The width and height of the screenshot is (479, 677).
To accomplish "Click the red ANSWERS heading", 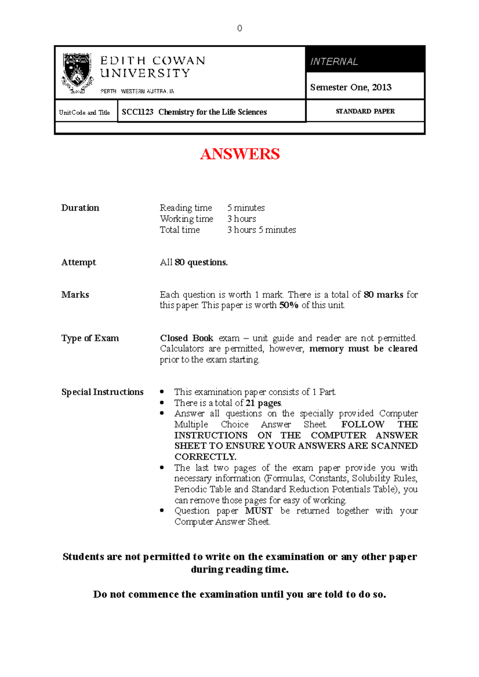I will pyautogui.click(x=240, y=154).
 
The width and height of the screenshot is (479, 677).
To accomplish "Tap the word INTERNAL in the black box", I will pyautogui.click(x=334, y=62).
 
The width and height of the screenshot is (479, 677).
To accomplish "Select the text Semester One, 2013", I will pyautogui.click(x=350, y=87).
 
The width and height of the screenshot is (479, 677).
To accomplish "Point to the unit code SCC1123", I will pyautogui.click(x=138, y=112).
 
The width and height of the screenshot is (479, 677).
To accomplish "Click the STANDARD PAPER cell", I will pyautogui.click(x=365, y=111).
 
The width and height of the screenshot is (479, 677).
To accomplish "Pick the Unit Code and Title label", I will pyautogui.click(x=84, y=112).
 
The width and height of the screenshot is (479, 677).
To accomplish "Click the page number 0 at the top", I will pyautogui.click(x=239, y=28).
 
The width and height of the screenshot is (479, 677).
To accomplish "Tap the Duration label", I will pyautogui.click(x=80, y=208).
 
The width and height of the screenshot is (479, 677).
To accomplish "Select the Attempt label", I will pyautogui.click(x=79, y=262).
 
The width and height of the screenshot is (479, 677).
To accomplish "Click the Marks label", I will pyautogui.click(x=75, y=295).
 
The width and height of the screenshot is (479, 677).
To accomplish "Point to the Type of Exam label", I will pyautogui.click(x=90, y=338).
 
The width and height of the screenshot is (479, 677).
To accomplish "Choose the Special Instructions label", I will pyautogui.click(x=102, y=392).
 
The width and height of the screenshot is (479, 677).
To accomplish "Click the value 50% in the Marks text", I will pyautogui.click(x=289, y=305).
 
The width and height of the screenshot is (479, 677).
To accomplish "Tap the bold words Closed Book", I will pyautogui.click(x=187, y=338).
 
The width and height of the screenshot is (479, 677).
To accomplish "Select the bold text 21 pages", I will pyautogui.click(x=263, y=403).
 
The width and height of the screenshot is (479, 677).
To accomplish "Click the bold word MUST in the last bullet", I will pyautogui.click(x=259, y=511).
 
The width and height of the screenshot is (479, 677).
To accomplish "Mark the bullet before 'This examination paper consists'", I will pyautogui.click(x=162, y=392).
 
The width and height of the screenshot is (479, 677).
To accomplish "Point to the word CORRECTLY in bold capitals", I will pyautogui.click(x=205, y=457).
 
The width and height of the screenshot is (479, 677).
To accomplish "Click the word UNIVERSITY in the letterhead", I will pyautogui.click(x=145, y=73).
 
